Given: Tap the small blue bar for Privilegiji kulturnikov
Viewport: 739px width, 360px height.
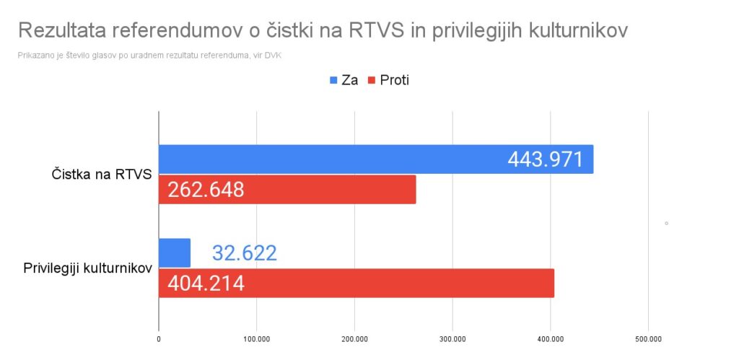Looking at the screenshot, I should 174,253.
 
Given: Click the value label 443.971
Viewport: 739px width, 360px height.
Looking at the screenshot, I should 545,159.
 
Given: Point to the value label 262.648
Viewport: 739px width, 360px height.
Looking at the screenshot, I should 206,190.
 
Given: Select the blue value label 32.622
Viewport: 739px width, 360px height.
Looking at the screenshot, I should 245,253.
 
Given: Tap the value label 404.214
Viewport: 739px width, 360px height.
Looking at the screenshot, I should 206,283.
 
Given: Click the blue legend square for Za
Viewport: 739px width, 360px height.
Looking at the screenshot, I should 333,80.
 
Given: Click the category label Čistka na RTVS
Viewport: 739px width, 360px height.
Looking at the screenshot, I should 101,175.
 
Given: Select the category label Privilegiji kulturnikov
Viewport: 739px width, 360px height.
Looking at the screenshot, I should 87,268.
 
